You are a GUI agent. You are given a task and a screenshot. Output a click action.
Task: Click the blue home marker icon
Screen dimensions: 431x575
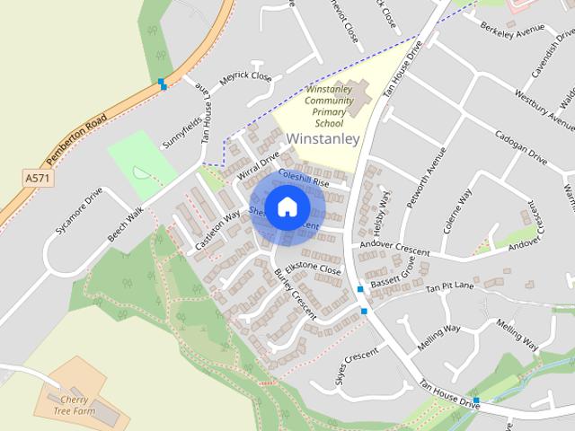[x=286, y=207]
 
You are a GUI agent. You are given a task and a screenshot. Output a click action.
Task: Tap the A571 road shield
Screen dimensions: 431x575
[x=37, y=179]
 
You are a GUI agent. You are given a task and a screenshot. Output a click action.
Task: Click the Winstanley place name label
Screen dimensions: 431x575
[x=323, y=138]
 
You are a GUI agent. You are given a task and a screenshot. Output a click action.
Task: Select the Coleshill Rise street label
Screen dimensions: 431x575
[x=305, y=178]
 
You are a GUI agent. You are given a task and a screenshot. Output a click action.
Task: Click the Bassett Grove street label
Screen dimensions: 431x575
[x=393, y=280]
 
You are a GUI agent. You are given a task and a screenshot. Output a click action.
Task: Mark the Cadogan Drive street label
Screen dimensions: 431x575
[x=520, y=146]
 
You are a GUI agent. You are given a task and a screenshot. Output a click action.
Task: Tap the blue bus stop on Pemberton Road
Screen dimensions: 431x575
[x=162, y=83]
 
